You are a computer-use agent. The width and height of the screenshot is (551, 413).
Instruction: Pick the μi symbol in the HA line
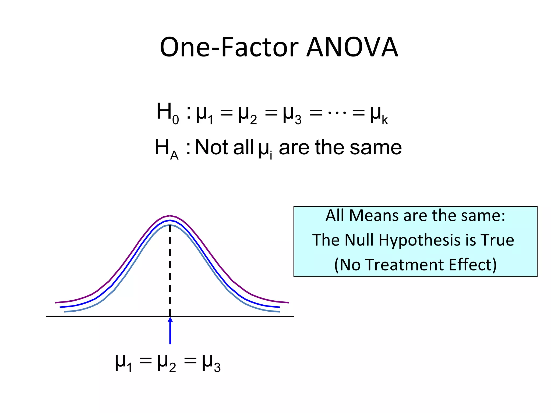(x=265, y=149)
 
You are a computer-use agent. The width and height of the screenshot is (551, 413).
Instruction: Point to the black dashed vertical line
(x=170, y=269)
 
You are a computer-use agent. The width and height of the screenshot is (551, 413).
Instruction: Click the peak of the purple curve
(x=170, y=216)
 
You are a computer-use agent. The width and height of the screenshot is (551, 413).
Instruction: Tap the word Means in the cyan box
(x=374, y=216)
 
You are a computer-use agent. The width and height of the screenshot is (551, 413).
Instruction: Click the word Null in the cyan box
(x=359, y=240)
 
